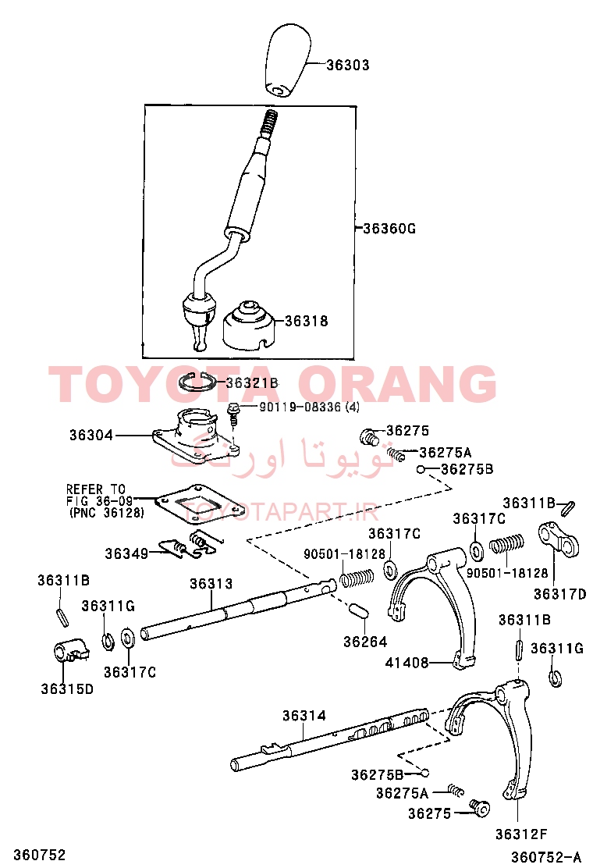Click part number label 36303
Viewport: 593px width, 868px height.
coord(347,65)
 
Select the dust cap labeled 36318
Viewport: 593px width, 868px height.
coord(249,326)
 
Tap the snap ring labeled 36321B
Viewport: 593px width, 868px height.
coord(201,382)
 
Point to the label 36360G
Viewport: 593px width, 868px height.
coord(389,228)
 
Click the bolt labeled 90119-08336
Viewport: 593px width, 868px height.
coord(233,413)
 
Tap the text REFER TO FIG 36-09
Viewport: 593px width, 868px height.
coord(101,495)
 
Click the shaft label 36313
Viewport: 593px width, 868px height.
coord(211,583)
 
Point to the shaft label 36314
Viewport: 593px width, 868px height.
coord(304,715)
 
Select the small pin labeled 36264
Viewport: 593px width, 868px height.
coord(358,610)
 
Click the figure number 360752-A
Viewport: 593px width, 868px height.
coord(546,857)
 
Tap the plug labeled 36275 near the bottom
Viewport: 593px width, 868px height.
coord(480,808)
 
